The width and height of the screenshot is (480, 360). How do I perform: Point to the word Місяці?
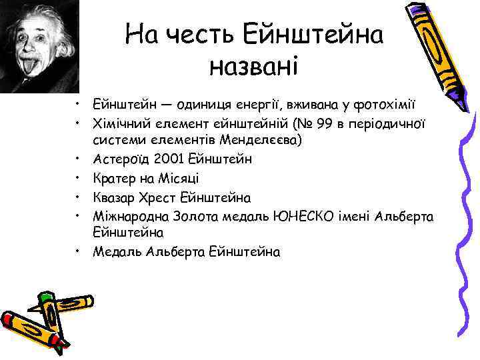coord(177,179)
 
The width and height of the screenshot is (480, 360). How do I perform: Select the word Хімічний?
coord(119,125)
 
